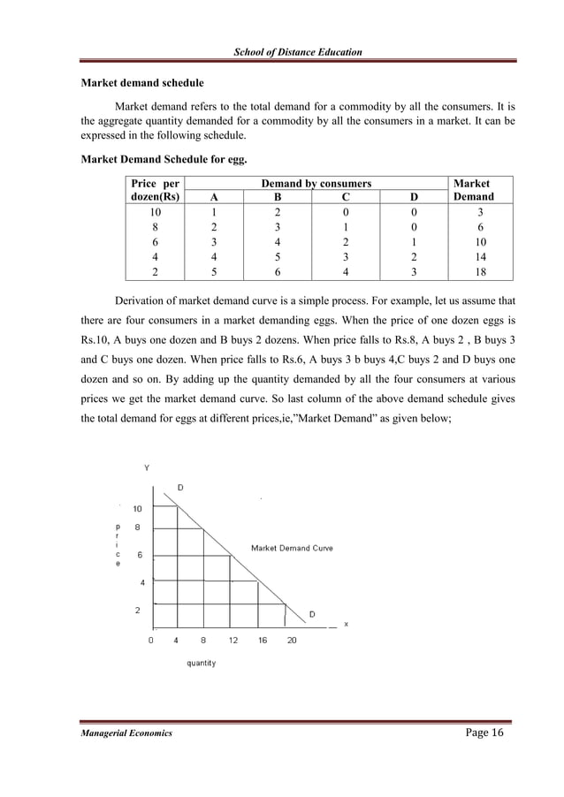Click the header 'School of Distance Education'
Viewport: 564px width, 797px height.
[x=297, y=53]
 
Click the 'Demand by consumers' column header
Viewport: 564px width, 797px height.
[x=316, y=183]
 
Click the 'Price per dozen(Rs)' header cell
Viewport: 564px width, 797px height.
[x=154, y=190]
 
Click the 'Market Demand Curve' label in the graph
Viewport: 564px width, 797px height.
[x=292, y=548]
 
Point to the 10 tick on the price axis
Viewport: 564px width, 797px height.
[x=138, y=508]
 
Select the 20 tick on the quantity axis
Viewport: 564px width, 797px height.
[x=292, y=640]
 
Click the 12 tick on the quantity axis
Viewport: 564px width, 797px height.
[x=233, y=640]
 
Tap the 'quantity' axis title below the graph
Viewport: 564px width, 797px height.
[x=201, y=663]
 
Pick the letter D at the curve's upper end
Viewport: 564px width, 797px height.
[x=181, y=487]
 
